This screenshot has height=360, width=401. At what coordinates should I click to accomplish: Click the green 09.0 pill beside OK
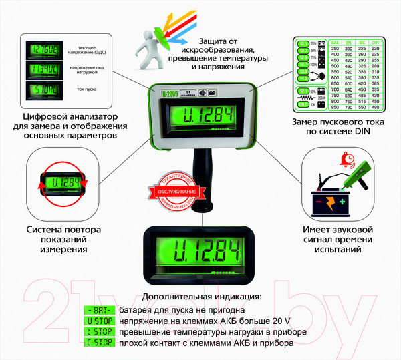303,104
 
